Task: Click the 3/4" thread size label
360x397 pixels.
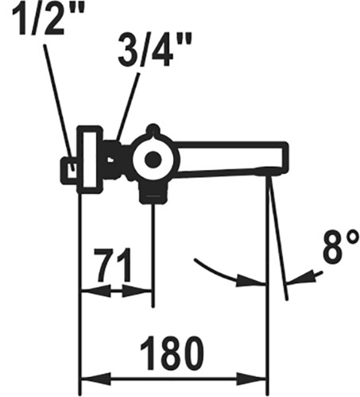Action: tap(155, 50)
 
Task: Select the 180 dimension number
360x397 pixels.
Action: tap(172, 353)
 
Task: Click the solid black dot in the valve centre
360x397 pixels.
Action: tap(153, 160)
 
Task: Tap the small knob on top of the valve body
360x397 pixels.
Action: tap(153, 129)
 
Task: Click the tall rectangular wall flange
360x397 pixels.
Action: tap(90, 160)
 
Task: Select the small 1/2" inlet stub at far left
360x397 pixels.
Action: tap(69, 171)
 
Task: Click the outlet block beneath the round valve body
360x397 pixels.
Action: tap(153, 194)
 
